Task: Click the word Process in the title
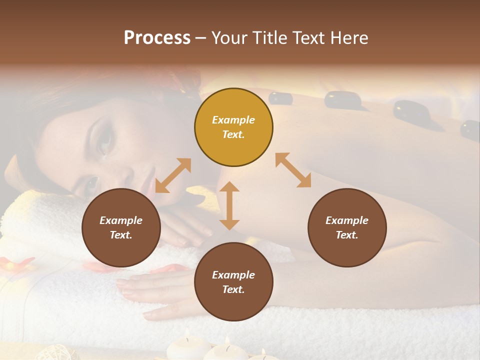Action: pos(157,38)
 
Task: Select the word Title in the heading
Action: pos(273,38)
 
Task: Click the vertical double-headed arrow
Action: pos(229,205)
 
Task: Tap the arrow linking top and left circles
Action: pos(173,175)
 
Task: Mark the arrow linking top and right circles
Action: pos(293,170)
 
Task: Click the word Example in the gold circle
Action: pos(233,120)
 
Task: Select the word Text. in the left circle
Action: pos(121,235)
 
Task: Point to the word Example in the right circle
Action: pos(347,220)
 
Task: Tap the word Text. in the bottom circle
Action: pos(233,289)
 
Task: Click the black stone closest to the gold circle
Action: pos(280,98)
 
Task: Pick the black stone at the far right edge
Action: pos(470,129)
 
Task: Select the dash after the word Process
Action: pos(201,38)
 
